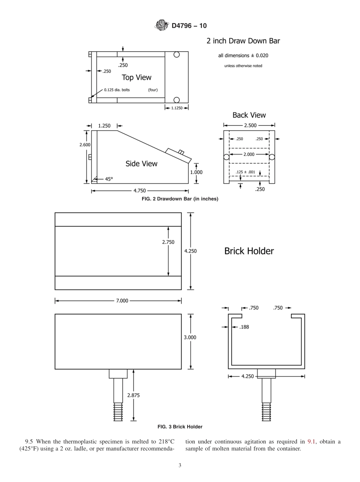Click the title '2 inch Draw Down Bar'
tap(243, 41)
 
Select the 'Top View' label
tap(136, 77)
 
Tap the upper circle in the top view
tap(177, 55)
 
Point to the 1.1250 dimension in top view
tap(177, 108)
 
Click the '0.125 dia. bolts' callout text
tap(117, 90)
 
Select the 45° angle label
tap(109, 179)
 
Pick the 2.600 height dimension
tap(85, 145)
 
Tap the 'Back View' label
tap(249, 115)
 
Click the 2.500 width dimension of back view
tap(250, 125)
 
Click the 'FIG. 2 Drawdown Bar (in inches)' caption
tap(180, 199)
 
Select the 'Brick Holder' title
tap(249, 251)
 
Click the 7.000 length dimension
tap(122, 301)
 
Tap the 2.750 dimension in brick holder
tap(168, 242)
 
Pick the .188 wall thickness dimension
tap(244, 327)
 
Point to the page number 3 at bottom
tap(180, 466)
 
